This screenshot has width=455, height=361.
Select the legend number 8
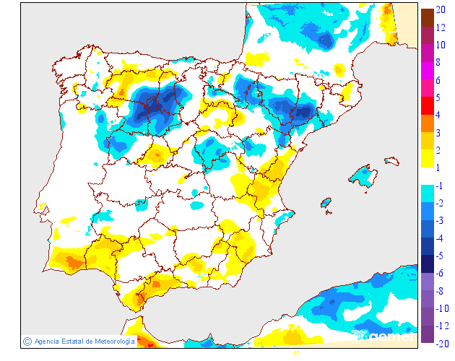coord(440,62)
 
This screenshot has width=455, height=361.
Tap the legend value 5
coord(440,97)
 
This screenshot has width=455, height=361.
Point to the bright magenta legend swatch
coord(428,71)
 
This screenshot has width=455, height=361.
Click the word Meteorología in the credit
coord(110,341)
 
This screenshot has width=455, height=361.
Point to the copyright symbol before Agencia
coord(27,341)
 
